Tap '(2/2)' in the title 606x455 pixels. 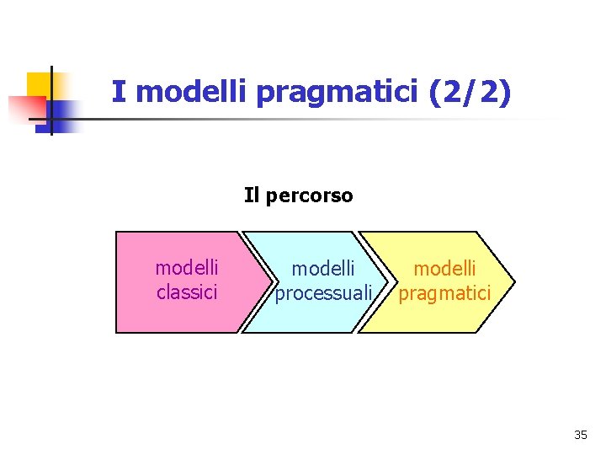point(469,92)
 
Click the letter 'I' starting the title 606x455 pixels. point(118,92)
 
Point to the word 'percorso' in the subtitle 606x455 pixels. point(311,195)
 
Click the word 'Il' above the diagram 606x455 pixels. point(251,195)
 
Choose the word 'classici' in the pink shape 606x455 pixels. point(187,292)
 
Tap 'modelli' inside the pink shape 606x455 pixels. point(187,268)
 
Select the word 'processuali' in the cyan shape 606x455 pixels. point(324,293)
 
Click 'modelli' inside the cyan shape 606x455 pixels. point(323,269)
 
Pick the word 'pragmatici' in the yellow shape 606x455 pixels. point(444,293)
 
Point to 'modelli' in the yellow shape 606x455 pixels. point(445,269)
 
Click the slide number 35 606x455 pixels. point(581,435)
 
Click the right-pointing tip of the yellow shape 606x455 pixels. point(512,282)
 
